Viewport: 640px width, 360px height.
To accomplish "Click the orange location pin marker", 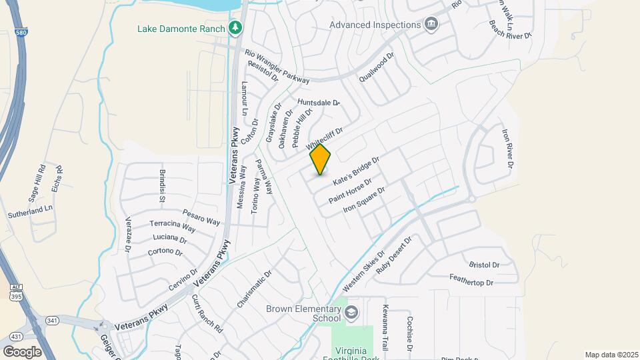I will (321, 159).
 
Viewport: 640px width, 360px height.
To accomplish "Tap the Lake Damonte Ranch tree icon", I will (235, 28).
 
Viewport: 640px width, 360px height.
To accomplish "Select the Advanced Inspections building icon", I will (431, 25).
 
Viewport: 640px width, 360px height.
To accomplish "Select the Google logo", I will (22, 351).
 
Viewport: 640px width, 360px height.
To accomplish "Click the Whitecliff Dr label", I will (324, 138).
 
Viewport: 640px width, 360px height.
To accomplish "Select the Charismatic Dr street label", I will (255, 289).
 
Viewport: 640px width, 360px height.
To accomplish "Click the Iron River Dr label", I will (507, 149).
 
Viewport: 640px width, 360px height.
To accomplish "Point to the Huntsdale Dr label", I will (319, 103).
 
